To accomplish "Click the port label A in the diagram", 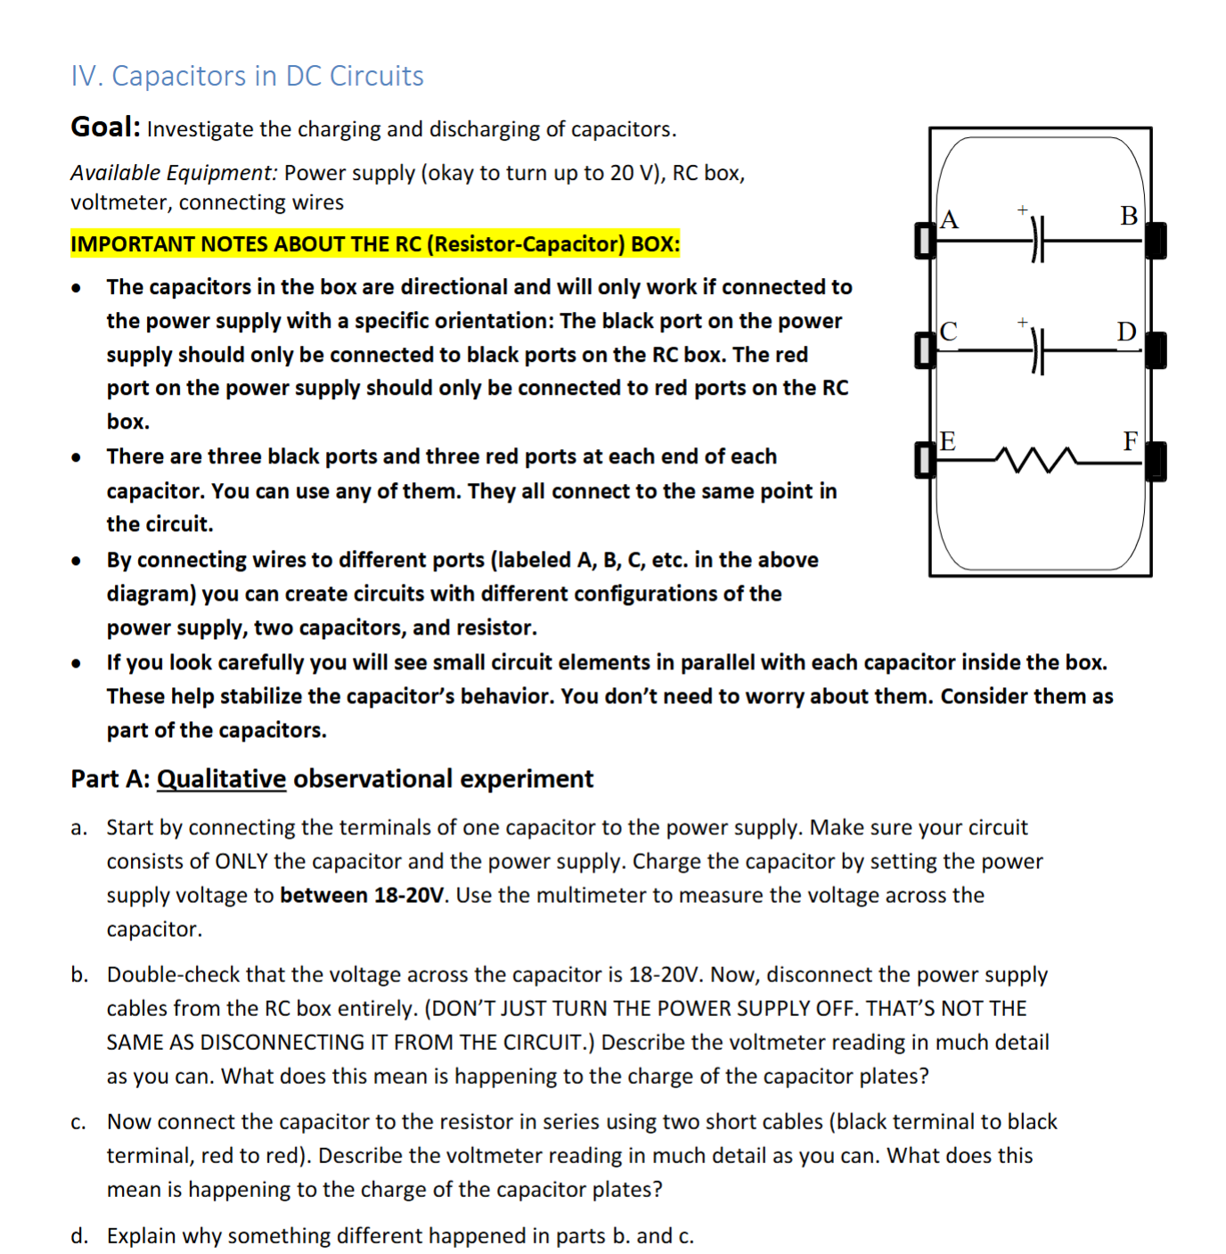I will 949,219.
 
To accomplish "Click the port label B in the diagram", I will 1129,216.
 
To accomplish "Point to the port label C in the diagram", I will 949,332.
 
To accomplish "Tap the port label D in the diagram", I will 1127,332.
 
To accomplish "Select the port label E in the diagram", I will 948,441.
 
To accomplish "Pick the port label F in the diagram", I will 1130,441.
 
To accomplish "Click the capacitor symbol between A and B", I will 1037,241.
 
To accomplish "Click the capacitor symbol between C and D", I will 1037,351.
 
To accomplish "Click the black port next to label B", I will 1156,241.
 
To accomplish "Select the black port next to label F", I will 1156,462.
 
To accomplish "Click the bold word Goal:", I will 105,127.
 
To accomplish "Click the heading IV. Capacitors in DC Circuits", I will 247,76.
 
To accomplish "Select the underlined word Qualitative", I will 221,779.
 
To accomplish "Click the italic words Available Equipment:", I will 174,173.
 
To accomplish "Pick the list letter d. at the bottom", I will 79,1236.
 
